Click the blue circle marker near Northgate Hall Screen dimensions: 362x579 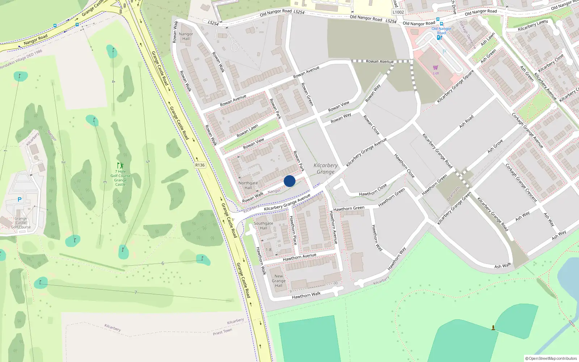click(x=289, y=181)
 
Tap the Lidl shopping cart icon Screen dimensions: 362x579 click(x=435, y=68)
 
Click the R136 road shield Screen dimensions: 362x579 click(x=200, y=165)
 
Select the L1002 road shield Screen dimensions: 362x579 click(x=398, y=12)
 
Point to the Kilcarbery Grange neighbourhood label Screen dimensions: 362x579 click(x=326, y=169)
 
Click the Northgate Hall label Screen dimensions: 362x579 click(x=248, y=185)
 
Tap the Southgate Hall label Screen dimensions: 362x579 click(x=263, y=226)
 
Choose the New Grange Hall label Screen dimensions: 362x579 click(x=279, y=281)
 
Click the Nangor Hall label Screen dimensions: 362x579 click(x=186, y=36)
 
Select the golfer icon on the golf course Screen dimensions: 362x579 click(x=120, y=166)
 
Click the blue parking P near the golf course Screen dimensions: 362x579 click(x=20, y=199)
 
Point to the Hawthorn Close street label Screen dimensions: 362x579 click(x=373, y=190)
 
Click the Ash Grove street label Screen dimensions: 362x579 click(x=495, y=146)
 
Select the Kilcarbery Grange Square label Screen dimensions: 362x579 click(x=455, y=87)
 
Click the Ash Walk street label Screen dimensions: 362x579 click(x=503, y=266)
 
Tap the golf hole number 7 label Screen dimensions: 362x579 click(x=136, y=292)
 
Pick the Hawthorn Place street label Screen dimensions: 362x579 click(x=293, y=230)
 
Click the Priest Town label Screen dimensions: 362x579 click(x=223, y=332)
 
